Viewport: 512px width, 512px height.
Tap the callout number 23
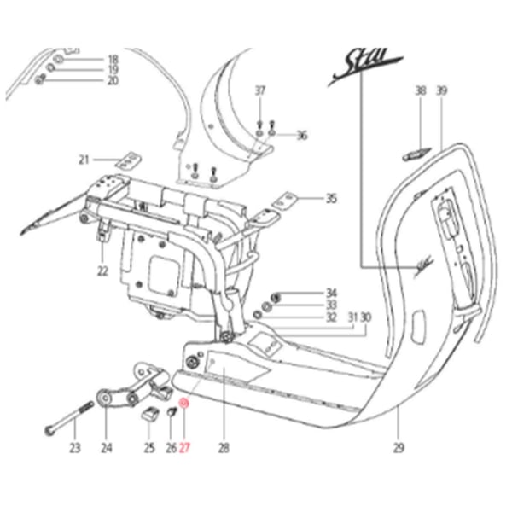74,445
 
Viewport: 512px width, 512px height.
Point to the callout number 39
441,90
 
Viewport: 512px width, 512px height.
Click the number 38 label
420,90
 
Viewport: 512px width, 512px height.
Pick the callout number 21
84,160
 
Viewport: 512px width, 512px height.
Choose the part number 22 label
102,271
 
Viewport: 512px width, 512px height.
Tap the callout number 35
331,199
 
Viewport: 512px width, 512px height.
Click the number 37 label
260,90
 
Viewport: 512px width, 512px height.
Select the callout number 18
113,59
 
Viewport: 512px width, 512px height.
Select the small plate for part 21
128,160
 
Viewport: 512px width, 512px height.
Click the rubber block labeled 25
148,416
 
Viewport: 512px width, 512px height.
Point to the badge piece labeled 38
414,154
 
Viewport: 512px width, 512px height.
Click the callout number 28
224,445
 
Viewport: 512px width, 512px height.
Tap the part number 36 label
301,136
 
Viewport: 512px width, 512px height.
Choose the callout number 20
113,81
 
